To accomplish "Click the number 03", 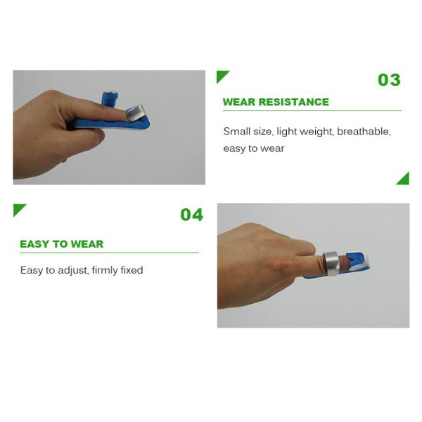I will (x=389, y=79).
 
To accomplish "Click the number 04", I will (x=191, y=215).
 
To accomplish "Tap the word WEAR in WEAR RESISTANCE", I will (x=238, y=102).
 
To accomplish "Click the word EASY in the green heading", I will (x=34, y=244).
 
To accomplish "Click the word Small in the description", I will (x=237, y=132).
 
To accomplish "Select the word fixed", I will (x=133, y=270).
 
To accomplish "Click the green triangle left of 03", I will (x=222, y=76).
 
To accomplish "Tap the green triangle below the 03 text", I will (x=404, y=179).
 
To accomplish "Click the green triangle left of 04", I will (x=18, y=209).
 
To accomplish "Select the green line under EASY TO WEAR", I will (x=105, y=252).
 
